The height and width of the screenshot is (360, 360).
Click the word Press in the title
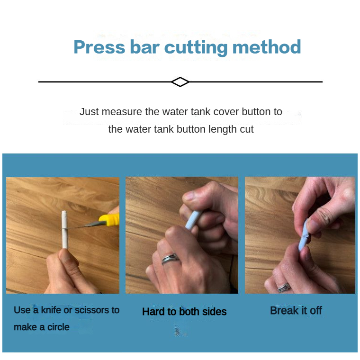click(99, 47)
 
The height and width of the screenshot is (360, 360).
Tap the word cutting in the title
click(196, 48)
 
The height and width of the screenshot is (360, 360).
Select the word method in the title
click(267, 47)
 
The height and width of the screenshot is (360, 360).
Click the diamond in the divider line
click(180, 82)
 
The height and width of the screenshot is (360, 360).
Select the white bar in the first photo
click(64, 230)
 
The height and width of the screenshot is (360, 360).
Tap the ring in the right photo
click(284, 288)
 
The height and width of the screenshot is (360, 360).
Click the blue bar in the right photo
click(304, 234)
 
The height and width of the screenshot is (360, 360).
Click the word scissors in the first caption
click(91, 310)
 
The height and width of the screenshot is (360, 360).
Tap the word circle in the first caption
click(58, 327)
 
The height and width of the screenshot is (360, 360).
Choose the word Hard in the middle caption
click(153, 312)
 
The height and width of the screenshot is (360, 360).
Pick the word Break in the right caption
click(285, 310)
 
